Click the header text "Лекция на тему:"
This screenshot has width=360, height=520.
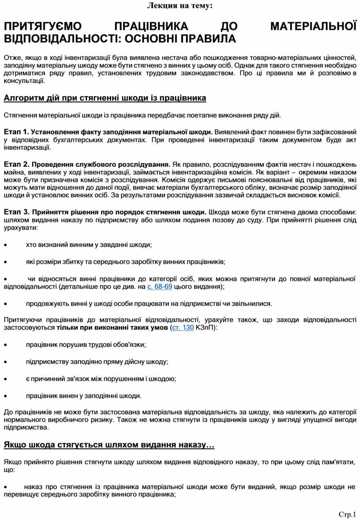[x=180, y=6]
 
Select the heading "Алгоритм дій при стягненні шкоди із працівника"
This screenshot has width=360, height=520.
[x=105, y=98]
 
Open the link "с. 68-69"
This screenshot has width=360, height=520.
[x=159, y=287]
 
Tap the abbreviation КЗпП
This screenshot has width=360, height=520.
[x=206, y=328]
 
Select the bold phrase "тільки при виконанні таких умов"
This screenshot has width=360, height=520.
[x=112, y=328]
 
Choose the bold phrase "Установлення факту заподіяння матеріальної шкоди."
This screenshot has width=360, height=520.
[x=122, y=132]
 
